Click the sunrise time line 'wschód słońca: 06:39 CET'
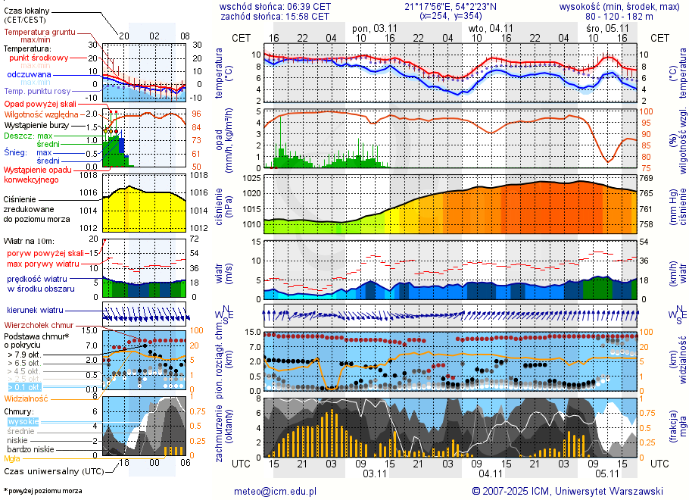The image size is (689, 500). (275, 6)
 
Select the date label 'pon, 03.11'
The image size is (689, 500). (375, 28)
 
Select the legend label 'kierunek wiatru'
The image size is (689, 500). (34, 311)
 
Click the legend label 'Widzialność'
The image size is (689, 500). (26, 398)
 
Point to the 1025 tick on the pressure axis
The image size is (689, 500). (251, 179)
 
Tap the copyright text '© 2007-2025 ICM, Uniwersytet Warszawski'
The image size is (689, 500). (567, 491)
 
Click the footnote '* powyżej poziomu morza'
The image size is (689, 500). (42, 491)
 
